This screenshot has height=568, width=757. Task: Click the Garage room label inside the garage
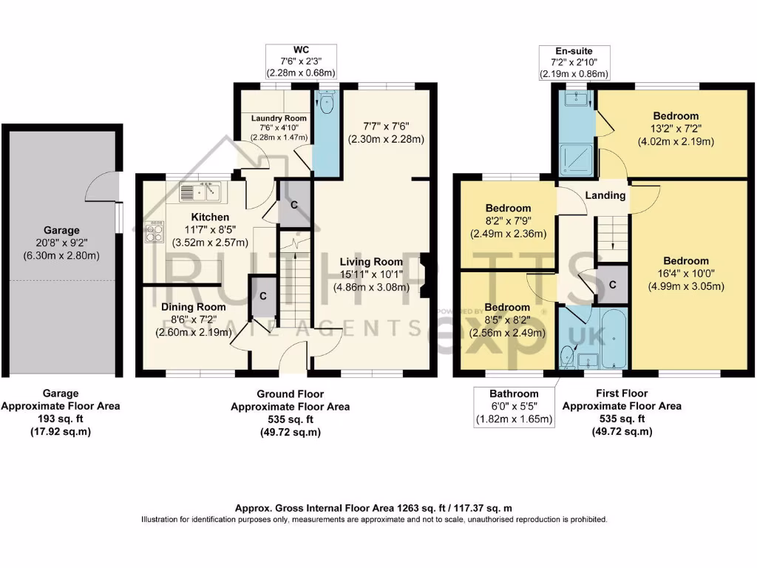pos(61,230)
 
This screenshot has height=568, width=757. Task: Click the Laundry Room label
pos(278,118)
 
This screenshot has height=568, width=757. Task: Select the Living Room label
pos(371,262)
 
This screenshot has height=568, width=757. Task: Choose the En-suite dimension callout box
pos(574,61)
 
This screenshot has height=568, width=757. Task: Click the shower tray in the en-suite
pos(574,156)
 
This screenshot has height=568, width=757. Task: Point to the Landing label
pos(605,196)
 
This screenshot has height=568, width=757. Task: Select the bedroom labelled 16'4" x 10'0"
pos(685,261)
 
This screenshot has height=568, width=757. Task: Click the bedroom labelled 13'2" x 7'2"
pos(675,116)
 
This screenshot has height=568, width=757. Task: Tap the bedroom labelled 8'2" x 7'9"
pos(508,209)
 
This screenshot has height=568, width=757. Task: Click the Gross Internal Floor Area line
pos(373,508)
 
